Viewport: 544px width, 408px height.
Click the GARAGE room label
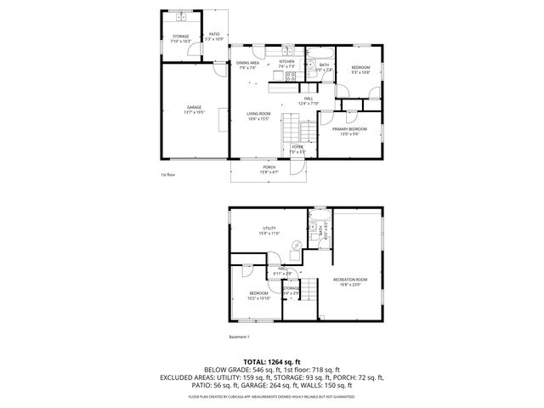(x=195, y=109)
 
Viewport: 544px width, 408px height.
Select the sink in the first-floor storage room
(x=181, y=17)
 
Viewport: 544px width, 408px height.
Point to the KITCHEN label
(x=286, y=63)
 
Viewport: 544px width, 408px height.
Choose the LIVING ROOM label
(x=258, y=116)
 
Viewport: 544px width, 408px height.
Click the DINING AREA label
(x=248, y=65)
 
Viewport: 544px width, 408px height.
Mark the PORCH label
(x=269, y=168)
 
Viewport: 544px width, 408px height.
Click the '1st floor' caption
(x=168, y=175)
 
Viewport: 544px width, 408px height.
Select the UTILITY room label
(x=269, y=230)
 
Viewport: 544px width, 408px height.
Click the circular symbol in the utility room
(x=295, y=246)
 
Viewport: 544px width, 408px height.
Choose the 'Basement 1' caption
(x=241, y=336)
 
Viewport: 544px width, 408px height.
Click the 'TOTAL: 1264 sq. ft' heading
(x=272, y=361)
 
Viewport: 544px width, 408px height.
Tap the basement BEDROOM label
(x=258, y=295)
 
